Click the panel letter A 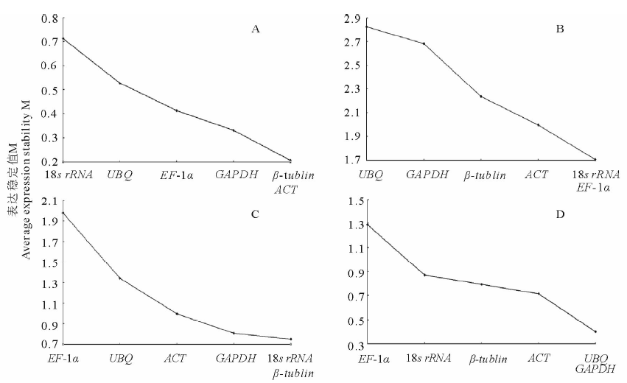coord(256,29)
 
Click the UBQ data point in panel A coord(119,83)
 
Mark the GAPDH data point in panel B coord(424,43)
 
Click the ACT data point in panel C coord(176,314)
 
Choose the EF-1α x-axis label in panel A coord(176,175)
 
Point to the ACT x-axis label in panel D coord(539,359)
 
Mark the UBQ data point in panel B coord(366,27)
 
